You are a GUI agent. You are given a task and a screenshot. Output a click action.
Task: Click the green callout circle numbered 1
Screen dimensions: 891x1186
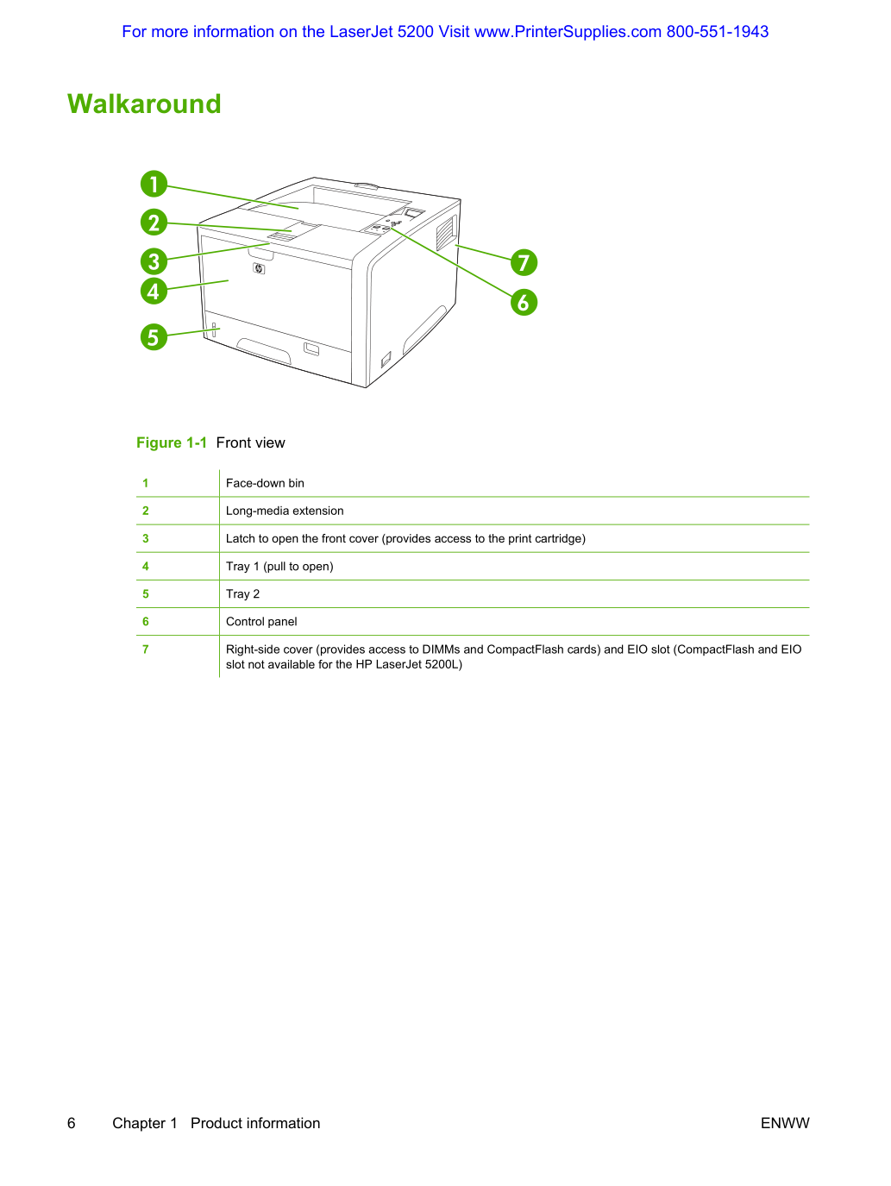point(154,184)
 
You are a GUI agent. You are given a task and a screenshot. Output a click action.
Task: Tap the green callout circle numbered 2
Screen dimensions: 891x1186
point(154,222)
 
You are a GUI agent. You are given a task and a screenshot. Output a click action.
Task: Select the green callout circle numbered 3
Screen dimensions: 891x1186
point(154,261)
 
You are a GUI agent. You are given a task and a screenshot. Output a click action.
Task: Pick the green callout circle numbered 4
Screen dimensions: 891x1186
point(154,292)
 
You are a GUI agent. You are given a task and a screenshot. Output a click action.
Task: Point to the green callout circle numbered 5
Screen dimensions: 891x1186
point(154,336)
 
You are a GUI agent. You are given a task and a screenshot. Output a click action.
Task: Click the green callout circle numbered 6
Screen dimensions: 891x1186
point(524,302)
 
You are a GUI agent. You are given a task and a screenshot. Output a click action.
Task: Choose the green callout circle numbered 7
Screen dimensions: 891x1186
point(524,262)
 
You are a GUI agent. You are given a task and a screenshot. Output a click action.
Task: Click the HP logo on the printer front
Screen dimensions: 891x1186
point(259,268)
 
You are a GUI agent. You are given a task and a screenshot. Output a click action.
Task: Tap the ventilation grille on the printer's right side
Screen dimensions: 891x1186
point(446,232)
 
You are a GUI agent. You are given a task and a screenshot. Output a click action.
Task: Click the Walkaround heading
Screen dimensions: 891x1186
point(144,104)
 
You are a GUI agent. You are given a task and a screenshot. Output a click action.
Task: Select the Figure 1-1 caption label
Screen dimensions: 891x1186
point(172,442)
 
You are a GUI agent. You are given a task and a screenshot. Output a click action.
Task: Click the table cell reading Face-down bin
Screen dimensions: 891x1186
point(265,483)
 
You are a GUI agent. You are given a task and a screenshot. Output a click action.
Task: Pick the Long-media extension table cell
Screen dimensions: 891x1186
point(285,511)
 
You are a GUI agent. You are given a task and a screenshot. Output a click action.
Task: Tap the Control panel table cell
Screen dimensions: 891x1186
point(261,621)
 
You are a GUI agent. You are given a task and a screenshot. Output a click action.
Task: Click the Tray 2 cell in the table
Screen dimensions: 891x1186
point(242,593)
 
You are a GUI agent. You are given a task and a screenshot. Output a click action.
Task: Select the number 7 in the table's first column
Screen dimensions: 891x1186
point(146,649)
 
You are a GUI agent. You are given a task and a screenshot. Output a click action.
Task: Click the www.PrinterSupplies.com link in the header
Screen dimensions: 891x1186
point(568,31)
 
